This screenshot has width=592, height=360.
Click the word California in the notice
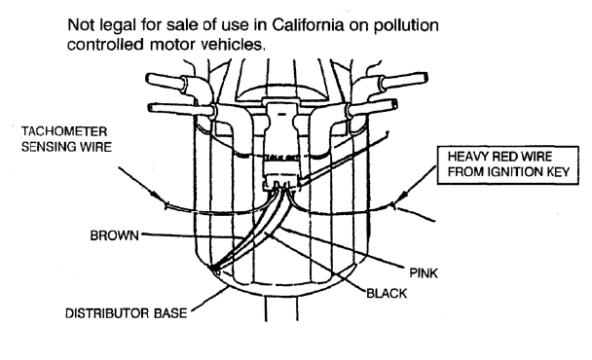coord(308,25)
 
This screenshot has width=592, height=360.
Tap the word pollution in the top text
coord(406,26)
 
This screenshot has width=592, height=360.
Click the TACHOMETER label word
coord(64,131)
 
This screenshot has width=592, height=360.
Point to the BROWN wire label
coord(114,235)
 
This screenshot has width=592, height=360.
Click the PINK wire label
coord(424,272)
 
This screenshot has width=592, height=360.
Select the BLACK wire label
coord(387,293)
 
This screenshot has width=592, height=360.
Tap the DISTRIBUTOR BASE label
coord(127,313)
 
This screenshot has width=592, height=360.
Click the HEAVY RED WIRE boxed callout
coord(508,164)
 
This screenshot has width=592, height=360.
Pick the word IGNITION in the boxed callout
coord(515,172)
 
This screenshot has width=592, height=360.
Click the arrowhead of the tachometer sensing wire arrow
coord(160,198)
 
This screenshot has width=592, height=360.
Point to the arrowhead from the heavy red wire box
coord(402,198)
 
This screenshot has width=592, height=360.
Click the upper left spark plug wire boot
coord(165,81)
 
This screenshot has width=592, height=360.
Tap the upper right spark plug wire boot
coord(406,81)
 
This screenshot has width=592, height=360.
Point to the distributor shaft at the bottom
coord(281,308)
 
